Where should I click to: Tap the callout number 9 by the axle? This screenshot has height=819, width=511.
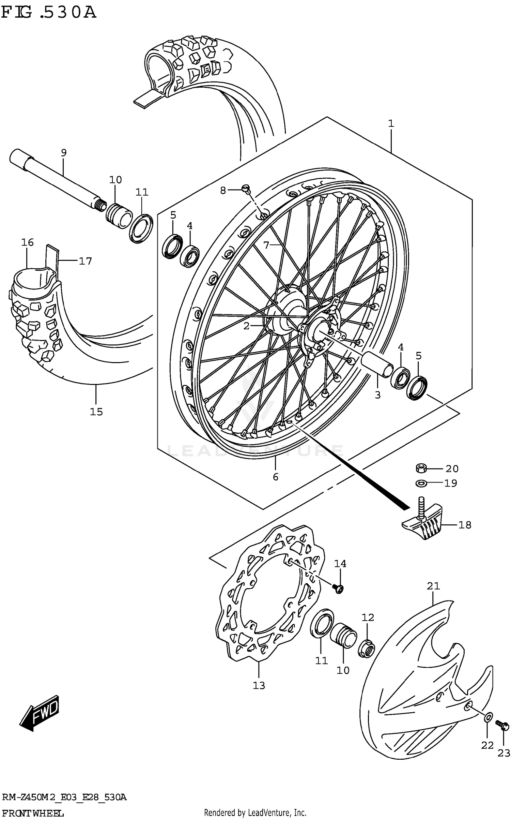tap(64, 152)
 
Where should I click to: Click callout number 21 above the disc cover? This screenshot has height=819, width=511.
tap(433, 586)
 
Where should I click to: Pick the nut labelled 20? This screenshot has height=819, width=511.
tap(421, 468)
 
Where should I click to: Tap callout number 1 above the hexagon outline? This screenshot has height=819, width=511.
tap(391, 123)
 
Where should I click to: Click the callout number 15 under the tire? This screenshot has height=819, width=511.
tap(96, 412)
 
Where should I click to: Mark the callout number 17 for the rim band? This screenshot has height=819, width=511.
tap(85, 261)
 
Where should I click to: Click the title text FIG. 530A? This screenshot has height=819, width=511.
tap(49, 12)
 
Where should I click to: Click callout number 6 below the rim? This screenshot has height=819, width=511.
tap(276, 477)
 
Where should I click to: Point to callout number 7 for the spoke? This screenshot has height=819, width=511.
tap(266, 244)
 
